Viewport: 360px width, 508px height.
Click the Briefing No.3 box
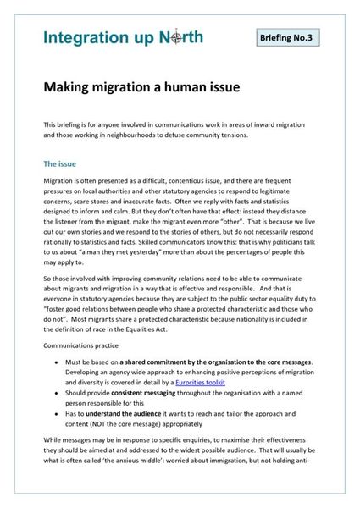tap(289, 39)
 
